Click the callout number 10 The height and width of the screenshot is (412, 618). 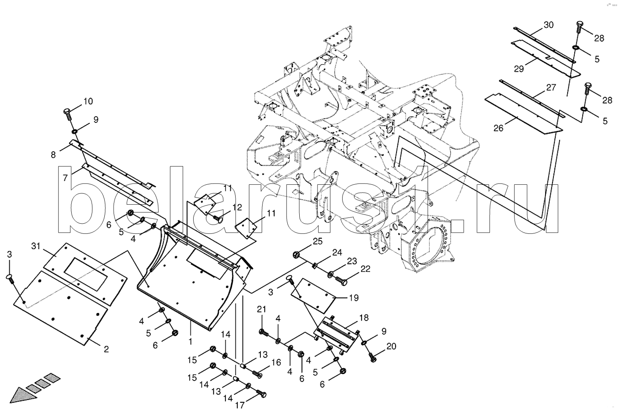click(x=88, y=101)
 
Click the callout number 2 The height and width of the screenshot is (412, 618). click(x=106, y=349)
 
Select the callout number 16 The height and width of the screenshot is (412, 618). click(x=276, y=362)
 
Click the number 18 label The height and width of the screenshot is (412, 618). click(x=364, y=318)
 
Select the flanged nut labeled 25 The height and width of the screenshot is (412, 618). click(x=297, y=255)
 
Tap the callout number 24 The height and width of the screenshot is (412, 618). click(x=338, y=252)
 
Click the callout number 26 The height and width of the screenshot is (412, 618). click(x=498, y=129)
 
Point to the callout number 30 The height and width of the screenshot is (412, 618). click(x=548, y=25)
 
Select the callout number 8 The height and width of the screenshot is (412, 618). click(x=53, y=154)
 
